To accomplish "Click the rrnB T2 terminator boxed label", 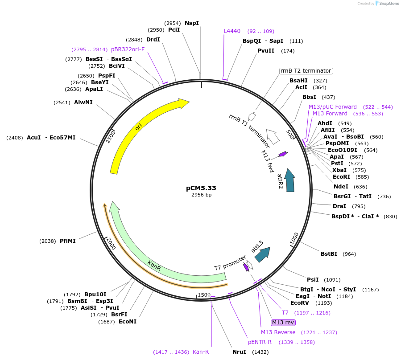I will coord(306,71).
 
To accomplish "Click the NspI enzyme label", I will coord(192,23).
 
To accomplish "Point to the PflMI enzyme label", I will coord(68,241).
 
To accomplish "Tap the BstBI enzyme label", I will coord(329,254).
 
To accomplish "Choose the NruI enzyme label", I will coord(239,352).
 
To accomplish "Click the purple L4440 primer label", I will coord(232,31).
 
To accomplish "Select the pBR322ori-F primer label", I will coord(128,49).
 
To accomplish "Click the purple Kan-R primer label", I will coord(201,352).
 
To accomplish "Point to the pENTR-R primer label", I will coord(260,342).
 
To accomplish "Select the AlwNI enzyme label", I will coord(83,102).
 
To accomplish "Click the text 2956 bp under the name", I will coord(201,195).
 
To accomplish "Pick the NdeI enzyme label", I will coord(341,187).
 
